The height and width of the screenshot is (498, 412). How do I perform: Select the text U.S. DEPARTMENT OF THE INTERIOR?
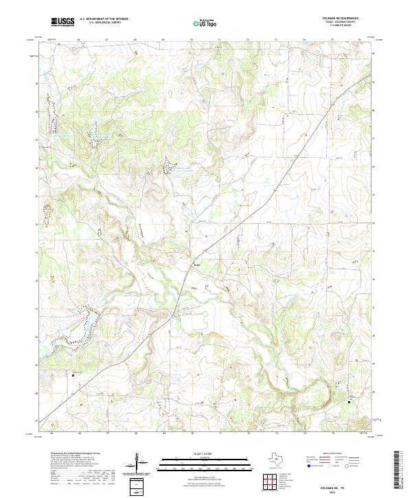104,19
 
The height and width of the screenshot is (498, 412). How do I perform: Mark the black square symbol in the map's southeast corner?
349,402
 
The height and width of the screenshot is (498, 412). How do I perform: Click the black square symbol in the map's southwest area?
74,374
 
